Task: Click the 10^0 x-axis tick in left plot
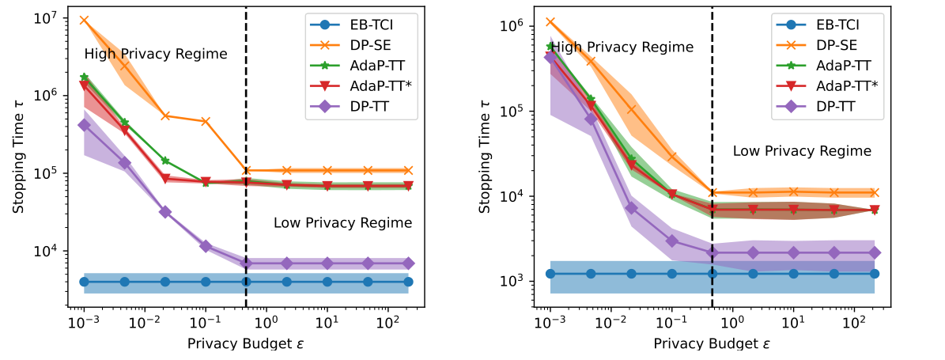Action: tap(266, 324)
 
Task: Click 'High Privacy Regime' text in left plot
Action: tap(156, 55)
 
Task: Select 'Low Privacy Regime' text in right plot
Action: tap(802, 150)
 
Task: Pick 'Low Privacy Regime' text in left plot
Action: tap(342, 223)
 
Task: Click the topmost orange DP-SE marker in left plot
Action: tap(84, 20)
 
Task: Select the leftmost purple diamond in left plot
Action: tap(84, 125)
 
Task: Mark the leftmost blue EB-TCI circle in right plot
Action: tap(550, 274)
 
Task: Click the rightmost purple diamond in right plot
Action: tap(875, 252)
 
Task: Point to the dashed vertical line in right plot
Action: tap(713, 158)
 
